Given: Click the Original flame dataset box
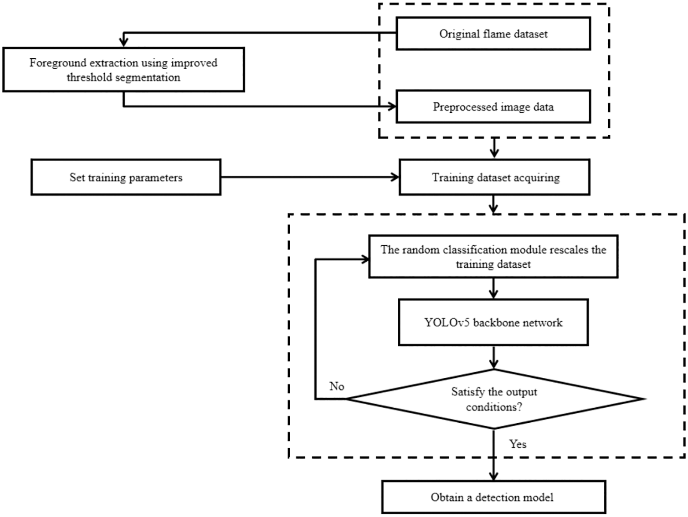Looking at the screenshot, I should (x=493, y=34).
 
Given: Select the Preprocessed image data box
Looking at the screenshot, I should (x=493, y=107).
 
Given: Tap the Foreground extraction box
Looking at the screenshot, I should (x=123, y=70).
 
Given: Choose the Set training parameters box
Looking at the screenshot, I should (x=126, y=177).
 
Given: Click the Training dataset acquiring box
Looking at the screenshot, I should (x=495, y=177).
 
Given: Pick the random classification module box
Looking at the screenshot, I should (x=493, y=257).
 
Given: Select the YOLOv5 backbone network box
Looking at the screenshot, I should (x=493, y=323).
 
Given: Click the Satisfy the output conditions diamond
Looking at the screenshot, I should (x=494, y=399).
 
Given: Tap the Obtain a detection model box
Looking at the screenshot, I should (x=493, y=497).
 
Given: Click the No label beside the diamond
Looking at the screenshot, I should (x=337, y=386).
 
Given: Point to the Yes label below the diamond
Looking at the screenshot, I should (x=518, y=444).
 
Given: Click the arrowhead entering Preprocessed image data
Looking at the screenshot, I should (x=392, y=107).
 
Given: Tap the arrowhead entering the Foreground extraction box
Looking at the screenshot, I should (x=123, y=42).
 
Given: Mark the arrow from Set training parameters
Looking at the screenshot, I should (x=310, y=177).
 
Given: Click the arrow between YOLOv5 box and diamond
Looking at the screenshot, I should (x=493, y=358).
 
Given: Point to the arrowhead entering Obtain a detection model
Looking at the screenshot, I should (x=493, y=476).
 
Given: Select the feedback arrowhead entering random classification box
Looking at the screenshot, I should (x=365, y=259).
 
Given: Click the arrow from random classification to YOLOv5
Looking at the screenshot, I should (x=493, y=289).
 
